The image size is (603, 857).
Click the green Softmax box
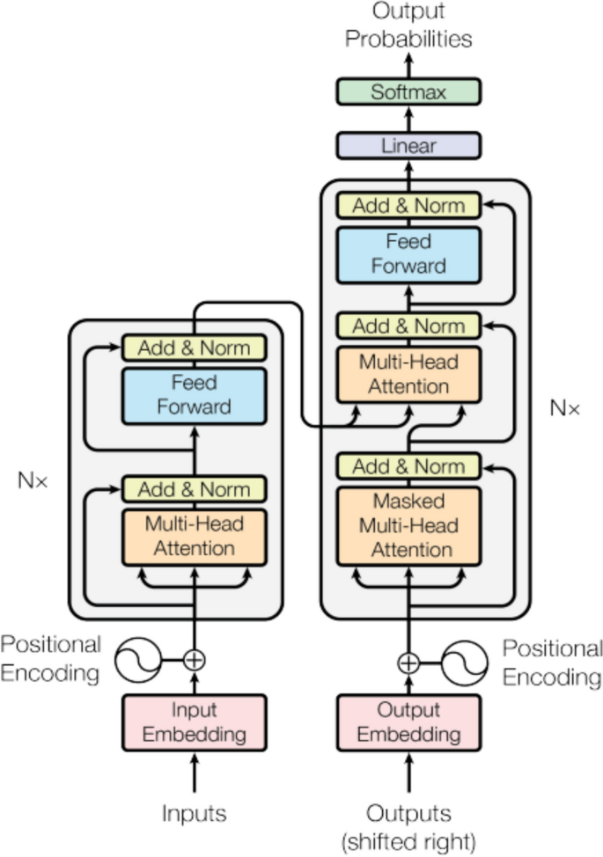[408, 92]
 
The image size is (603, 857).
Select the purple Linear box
[408, 145]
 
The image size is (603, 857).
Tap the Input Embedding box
[194, 721]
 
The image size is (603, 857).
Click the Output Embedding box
[408, 721]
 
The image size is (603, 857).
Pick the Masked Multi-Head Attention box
[408, 526]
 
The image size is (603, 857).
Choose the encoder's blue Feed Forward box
[194, 395]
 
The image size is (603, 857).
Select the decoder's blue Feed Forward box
[408, 253]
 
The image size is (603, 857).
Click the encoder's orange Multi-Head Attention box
[194, 536]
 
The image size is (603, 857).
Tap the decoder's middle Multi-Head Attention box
[408, 374]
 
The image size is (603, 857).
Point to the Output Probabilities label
[408, 26]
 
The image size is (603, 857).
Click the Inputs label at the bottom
[194, 814]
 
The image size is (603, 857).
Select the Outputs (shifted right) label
[408, 826]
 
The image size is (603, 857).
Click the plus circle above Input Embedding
[194, 659]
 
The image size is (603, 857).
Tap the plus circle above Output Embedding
[408, 662]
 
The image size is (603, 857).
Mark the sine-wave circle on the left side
[141, 659]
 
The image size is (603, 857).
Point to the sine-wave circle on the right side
[464, 662]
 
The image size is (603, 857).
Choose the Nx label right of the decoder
[564, 408]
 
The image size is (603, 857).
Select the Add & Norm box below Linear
[408, 206]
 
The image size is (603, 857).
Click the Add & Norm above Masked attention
[408, 465]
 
